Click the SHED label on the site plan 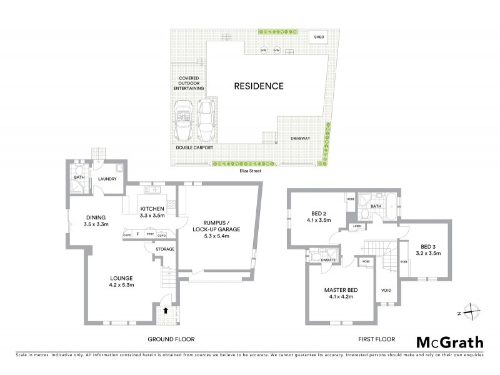(319, 37)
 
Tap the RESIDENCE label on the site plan (259, 86)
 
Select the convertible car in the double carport (185, 121)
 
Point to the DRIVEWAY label (300, 138)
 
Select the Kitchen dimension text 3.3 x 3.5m (152, 215)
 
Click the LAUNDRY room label (109, 179)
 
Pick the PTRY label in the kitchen (150, 234)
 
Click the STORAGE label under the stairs (165, 249)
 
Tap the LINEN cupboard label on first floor (357, 226)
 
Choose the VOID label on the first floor (386, 291)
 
